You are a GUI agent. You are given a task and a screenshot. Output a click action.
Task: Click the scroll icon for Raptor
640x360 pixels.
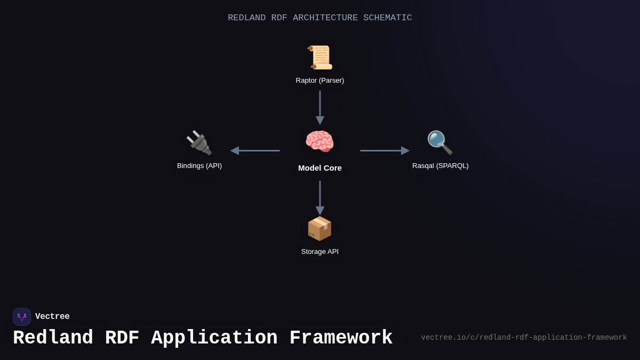[320, 58]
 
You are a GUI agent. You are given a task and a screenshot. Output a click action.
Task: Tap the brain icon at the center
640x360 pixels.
[319, 142]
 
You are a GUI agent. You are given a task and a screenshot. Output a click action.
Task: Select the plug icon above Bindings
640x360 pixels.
[199, 143]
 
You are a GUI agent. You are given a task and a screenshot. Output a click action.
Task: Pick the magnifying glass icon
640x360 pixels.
[440, 143]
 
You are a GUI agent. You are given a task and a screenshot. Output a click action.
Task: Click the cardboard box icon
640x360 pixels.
[319, 229]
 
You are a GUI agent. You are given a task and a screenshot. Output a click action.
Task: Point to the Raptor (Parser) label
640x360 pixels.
[320, 81]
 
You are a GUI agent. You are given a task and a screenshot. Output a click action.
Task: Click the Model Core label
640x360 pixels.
[320, 168]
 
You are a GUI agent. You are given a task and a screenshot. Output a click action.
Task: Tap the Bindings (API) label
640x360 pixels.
[199, 166]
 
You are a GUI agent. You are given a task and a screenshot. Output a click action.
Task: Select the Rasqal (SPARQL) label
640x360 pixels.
[441, 166]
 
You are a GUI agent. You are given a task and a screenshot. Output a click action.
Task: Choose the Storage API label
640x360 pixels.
[320, 252]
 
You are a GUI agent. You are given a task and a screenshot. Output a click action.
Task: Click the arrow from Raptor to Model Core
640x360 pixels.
[320, 107]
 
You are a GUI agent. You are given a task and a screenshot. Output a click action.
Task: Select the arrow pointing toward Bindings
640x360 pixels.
[255, 151]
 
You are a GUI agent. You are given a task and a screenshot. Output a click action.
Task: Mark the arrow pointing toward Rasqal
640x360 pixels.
[385, 151]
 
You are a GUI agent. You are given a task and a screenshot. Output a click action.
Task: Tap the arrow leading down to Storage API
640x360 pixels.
[320, 197]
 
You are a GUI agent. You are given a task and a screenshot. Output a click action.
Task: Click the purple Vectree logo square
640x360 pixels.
[22, 317]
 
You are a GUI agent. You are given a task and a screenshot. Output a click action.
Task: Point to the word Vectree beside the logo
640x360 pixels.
[52, 317]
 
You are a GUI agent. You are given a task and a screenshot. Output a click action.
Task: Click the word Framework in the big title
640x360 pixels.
[341, 338]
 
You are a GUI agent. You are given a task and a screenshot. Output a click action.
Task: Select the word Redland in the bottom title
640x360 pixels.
[53, 338]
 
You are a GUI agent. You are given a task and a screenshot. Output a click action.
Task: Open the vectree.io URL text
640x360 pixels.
[524, 338]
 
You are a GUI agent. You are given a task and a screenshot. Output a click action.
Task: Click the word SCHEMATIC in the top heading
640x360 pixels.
[388, 18]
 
